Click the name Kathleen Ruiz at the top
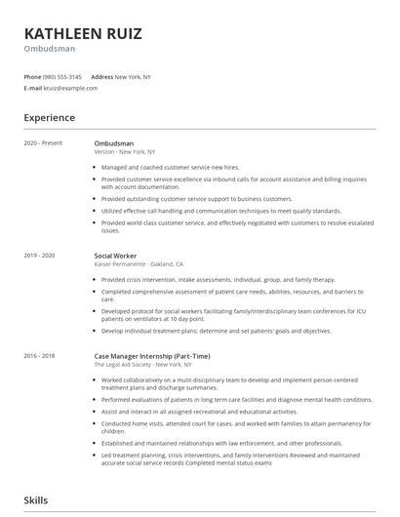pos(83,34)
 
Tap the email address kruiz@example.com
pos(70,88)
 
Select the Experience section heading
pos(50,118)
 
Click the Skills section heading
pos(37,499)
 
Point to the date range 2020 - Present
pos(42,143)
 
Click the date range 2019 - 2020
pos(40,255)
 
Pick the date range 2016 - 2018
pos(40,357)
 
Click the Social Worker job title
pos(116,255)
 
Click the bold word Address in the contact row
pos(101,76)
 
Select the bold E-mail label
pos(33,88)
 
